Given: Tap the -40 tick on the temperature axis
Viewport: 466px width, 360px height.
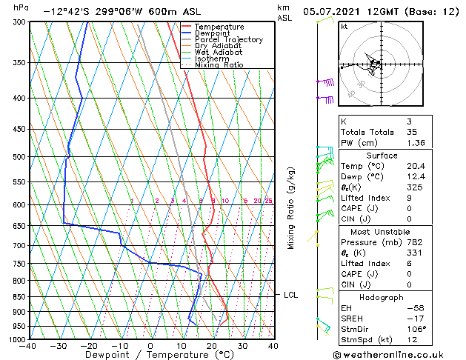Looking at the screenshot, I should tap(29, 345).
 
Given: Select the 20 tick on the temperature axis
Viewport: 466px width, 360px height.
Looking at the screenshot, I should tap(211, 345).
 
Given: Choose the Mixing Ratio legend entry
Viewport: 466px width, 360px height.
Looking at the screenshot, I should tap(219, 65).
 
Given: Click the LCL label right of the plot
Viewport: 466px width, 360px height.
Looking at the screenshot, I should tap(290, 295).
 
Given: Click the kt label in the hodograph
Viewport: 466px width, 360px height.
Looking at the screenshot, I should tap(344, 27).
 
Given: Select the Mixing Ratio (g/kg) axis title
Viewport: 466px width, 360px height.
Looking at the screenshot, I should tap(291, 208).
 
